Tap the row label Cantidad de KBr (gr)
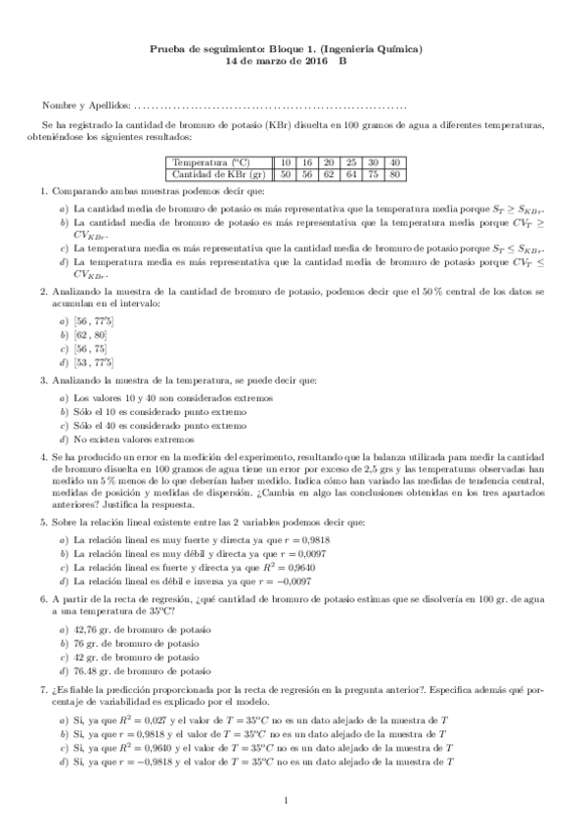219,174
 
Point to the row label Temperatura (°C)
210,161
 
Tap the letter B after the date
342,61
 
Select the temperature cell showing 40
394,161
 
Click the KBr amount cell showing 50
286,174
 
